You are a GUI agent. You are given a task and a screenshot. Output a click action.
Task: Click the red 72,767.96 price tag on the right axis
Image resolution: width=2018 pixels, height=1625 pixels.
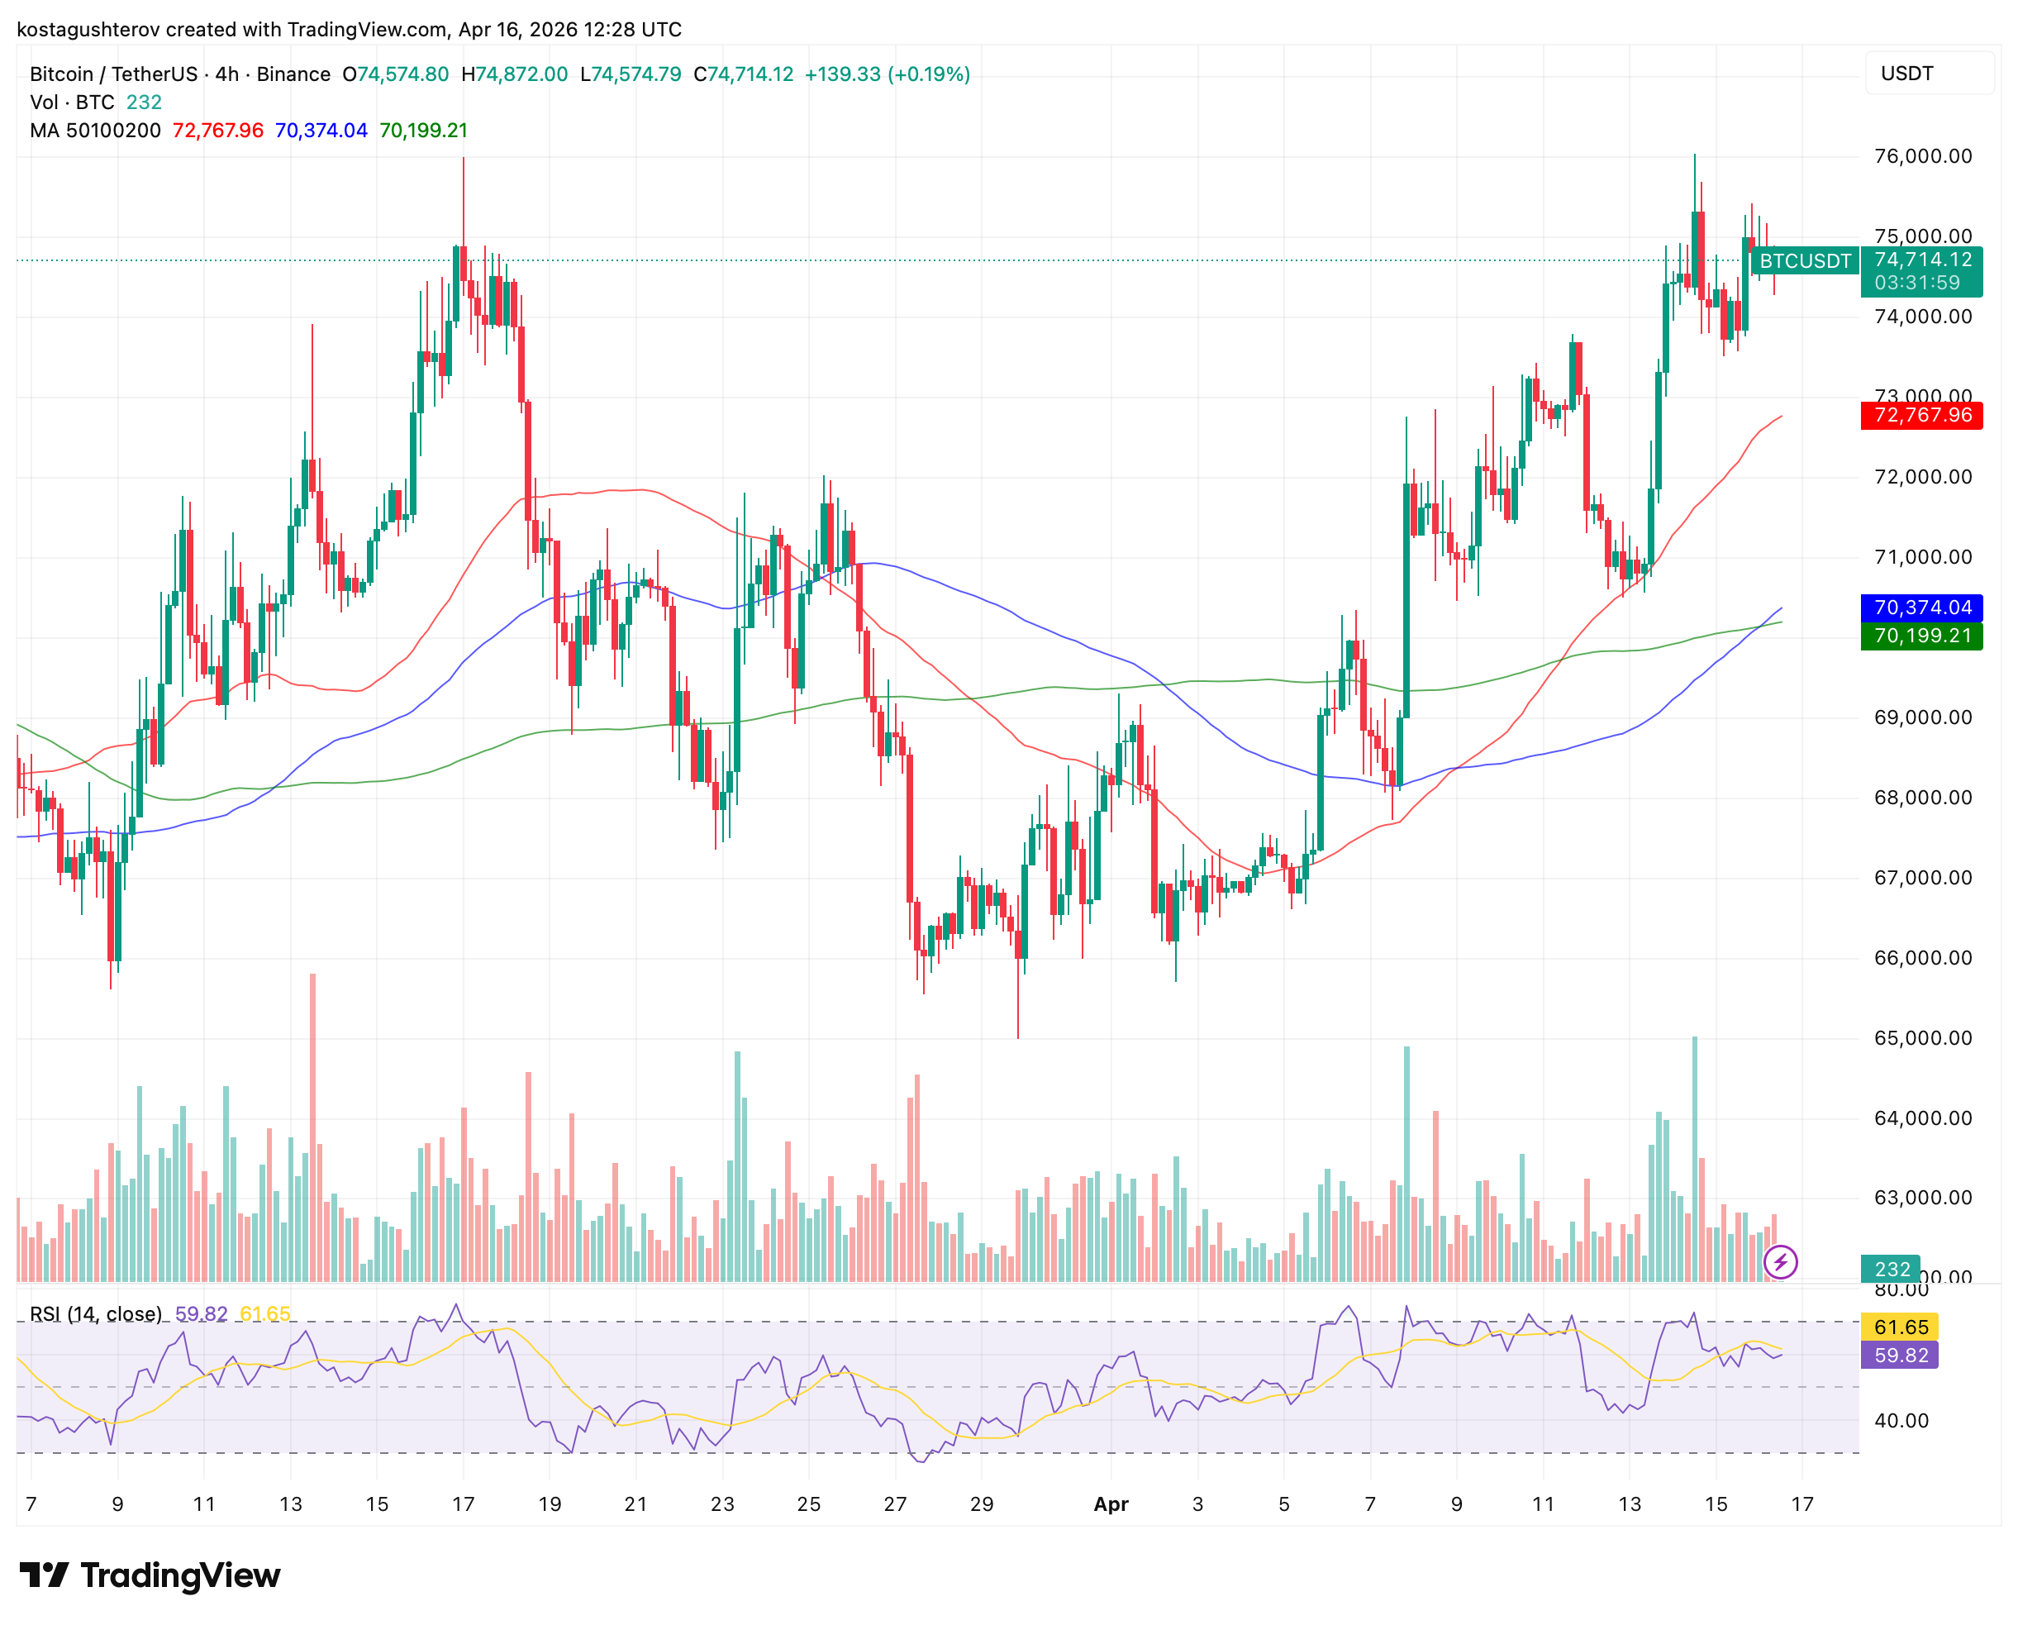[1921, 415]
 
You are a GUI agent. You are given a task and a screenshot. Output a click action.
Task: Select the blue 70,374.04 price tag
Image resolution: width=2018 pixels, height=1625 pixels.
[1921, 608]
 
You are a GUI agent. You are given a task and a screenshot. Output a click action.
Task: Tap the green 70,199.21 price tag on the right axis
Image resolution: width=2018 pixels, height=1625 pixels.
[1921, 636]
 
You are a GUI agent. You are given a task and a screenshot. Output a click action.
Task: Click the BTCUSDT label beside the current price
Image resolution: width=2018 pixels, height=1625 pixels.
[1805, 261]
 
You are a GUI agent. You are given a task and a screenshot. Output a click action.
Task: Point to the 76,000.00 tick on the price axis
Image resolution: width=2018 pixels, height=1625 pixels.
[1922, 156]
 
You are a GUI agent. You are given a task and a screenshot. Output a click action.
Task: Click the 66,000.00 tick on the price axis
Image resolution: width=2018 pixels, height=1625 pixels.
[1922, 958]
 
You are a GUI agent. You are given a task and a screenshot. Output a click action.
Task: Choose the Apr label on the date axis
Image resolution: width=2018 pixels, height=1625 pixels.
[1111, 1504]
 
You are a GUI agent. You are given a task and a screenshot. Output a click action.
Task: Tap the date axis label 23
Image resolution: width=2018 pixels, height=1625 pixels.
[721, 1504]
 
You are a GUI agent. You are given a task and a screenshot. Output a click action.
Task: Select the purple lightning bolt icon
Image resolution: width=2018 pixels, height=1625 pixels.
[1780, 1262]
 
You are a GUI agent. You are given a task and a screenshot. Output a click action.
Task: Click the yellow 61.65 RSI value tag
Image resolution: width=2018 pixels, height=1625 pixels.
[1901, 1327]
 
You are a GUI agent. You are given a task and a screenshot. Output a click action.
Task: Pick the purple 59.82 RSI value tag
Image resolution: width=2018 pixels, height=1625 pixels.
[1901, 1356]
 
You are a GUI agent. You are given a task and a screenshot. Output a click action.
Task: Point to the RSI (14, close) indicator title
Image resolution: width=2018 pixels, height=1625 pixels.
[96, 1314]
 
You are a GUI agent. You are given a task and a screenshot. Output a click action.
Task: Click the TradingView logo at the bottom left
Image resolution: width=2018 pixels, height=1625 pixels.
[150, 1575]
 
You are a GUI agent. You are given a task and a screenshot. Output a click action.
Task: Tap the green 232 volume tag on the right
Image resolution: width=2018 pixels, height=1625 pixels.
[1892, 1270]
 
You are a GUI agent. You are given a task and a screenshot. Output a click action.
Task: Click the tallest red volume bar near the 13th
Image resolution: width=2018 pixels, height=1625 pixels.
[312, 1123]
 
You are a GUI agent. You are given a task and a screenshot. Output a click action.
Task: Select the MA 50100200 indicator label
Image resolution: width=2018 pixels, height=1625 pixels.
[96, 130]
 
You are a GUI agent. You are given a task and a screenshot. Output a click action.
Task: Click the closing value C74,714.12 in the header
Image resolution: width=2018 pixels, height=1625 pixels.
[743, 74]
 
